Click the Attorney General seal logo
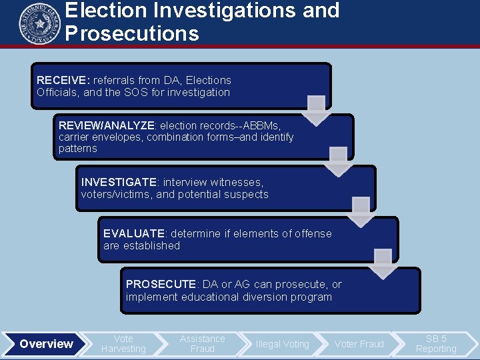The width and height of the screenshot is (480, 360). pyautogui.click(x=39, y=24)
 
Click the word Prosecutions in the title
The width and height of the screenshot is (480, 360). pyautogui.click(x=132, y=33)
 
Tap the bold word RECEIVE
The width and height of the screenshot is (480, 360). pyautogui.click(x=59, y=81)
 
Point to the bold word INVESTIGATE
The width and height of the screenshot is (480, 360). pyautogui.click(x=119, y=182)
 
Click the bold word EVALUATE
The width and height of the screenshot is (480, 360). pyautogui.click(x=134, y=233)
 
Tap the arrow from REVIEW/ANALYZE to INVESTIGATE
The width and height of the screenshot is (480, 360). pyautogui.click(x=338, y=161)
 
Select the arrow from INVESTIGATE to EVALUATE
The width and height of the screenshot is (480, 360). pyautogui.click(x=361, y=211)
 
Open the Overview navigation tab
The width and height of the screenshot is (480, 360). pyautogui.click(x=46, y=344)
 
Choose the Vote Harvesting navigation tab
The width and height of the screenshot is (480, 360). pyautogui.click(x=123, y=344)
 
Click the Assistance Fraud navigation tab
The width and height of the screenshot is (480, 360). pyautogui.click(x=202, y=344)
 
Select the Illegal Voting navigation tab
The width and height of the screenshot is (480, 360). pyautogui.click(x=282, y=344)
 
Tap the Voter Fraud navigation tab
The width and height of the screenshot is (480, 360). pyautogui.click(x=359, y=344)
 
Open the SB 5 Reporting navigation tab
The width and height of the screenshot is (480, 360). pyautogui.click(x=436, y=344)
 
